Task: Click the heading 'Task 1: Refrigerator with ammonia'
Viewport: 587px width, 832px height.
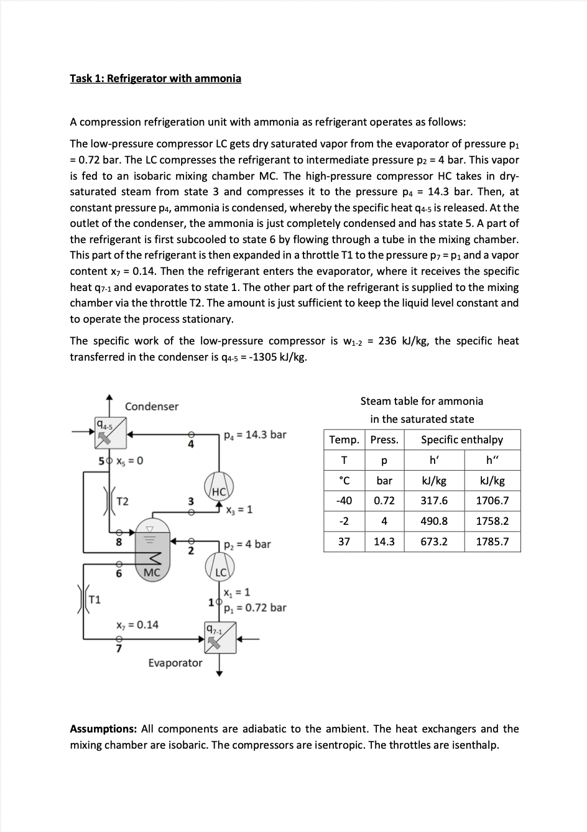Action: click(x=155, y=78)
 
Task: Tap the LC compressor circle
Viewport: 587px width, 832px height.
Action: click(x=220, y=565)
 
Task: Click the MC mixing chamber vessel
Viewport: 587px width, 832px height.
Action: click(x=152, y=547)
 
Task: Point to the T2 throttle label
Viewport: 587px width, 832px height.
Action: click(x=123, y=501)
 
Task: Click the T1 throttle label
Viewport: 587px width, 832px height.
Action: click(x=95, y=600)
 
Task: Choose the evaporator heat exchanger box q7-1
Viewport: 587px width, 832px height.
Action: click(x=220, y=637)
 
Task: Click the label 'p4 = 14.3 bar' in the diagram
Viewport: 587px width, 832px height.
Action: click(x=254, y=435)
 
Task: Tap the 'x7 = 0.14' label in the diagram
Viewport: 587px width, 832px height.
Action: click(x=137, y=624)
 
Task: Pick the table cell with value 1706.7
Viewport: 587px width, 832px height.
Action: click(x=492, y=501)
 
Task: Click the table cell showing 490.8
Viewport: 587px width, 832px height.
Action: click(x=433, y=521)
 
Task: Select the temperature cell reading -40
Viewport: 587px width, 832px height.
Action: click(x=343, y=501)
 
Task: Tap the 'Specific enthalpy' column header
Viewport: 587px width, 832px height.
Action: click(x=461, y=440)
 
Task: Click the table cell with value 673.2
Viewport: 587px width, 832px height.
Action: click(x=433, y=542)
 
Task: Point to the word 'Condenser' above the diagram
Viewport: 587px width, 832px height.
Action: click(x=151, y=407)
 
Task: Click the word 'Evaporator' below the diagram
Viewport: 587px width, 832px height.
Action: click(x=175, y=663)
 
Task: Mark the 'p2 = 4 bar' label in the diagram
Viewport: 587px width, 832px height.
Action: click(x=247, y=545)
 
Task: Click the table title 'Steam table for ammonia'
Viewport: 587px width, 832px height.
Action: click(x=422, y=401)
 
